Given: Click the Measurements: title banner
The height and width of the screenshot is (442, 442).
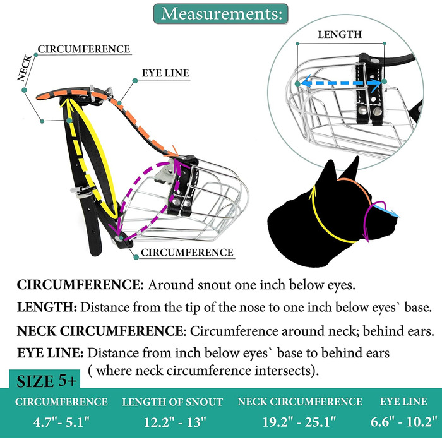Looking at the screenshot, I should [x=220, y=13].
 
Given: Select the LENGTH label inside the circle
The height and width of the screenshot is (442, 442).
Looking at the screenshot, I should [x=340, y=35].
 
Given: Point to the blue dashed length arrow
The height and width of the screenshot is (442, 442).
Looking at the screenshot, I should [x=342, y=81].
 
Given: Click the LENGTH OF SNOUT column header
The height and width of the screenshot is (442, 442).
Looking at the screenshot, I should [x=172, y=402].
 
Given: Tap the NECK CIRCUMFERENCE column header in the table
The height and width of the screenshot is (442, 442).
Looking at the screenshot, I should [x=299, y=402].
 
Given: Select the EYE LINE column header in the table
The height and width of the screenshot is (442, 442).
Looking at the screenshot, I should [x=403, y=402].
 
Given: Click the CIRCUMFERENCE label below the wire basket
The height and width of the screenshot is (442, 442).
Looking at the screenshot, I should [x=186, y=253].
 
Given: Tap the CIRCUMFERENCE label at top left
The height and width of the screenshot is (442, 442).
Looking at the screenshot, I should [x=84, y=49].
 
